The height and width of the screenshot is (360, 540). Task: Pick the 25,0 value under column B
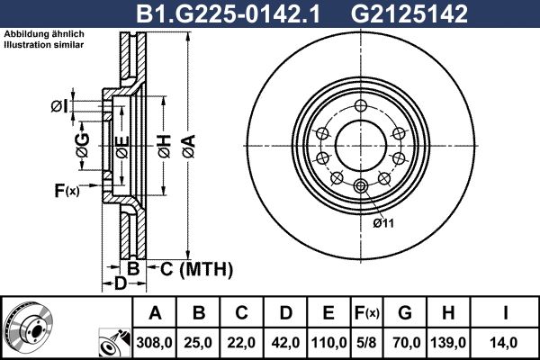tap(199, 342)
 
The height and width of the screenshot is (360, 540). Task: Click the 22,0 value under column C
tap(242, 342)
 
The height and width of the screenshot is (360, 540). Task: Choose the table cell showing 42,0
tap(285, 342)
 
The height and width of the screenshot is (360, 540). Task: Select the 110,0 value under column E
tap(328, 342)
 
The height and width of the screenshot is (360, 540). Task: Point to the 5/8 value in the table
tap(367, 342)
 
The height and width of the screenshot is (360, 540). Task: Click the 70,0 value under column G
tap(405, 342)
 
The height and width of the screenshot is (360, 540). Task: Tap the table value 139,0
tap(448, 342)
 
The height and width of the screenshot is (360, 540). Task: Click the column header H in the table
tap(448, 314)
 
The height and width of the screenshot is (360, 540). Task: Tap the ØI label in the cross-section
tap(58, 106)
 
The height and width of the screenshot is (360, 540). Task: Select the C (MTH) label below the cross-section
tap(194, 268)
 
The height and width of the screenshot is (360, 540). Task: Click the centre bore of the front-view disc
tap(361, 144)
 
